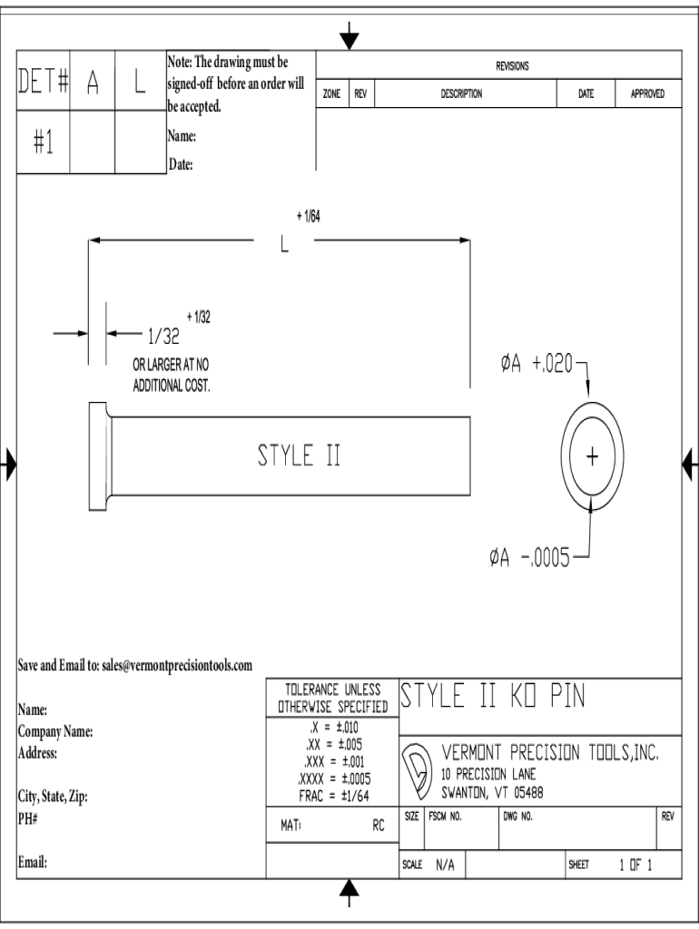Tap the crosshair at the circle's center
[593, 455]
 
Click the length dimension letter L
[284, 246]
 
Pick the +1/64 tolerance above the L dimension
[308, 217]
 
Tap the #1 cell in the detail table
[43, 146]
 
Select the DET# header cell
[43, 83]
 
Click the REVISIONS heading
[512, 65]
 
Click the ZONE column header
[331, 93]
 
